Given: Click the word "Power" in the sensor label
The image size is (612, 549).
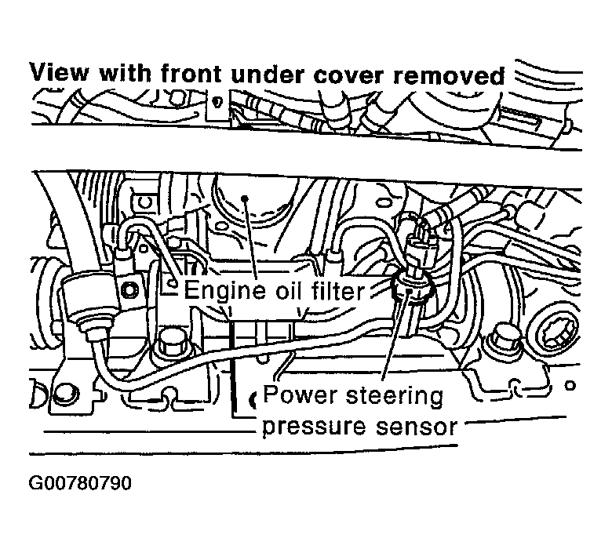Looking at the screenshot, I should [x=297, y=394].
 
